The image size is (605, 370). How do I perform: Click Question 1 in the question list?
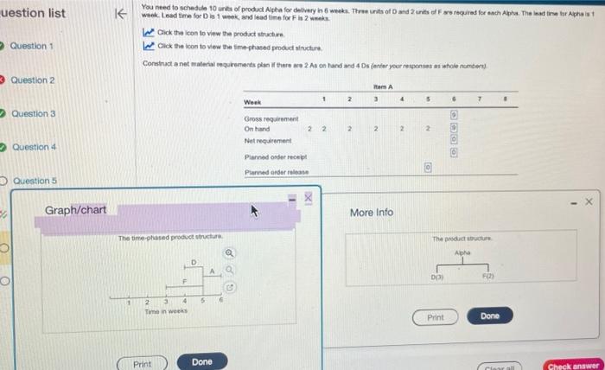coord(33,46)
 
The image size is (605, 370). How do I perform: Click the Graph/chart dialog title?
coord(76,210)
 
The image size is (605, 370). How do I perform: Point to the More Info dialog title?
coord(372,212)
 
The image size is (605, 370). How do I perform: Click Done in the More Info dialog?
coord(489,316)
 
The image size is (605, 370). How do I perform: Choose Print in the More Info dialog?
coord(436,317)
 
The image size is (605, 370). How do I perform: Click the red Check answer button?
coord(573,365)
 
